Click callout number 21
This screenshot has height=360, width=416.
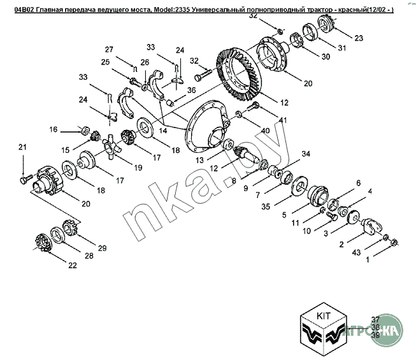coord(24,148)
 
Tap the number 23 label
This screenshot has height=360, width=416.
coord(359,38)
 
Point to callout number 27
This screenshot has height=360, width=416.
coord(109,50)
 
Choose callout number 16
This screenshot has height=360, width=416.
coord(54,129)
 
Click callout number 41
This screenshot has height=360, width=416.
coord(283,120)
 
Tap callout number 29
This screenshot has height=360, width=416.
coord(101,247)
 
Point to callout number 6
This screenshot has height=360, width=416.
coord(358,183)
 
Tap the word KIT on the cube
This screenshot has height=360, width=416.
coord(322,315)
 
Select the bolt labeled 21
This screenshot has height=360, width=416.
coord(24,180)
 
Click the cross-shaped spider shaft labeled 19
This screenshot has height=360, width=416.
coord(112,150)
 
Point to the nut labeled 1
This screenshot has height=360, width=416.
coord(394,242)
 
